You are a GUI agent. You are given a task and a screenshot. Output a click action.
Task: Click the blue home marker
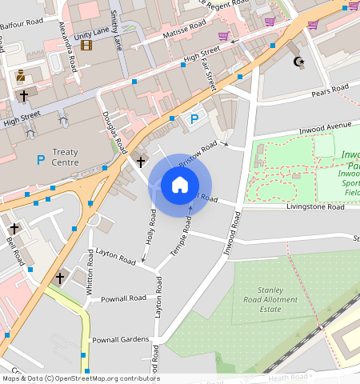pyautogui.click(x=180, y=185)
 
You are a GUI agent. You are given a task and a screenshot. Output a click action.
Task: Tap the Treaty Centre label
pyautogui.click(x=66, y=157)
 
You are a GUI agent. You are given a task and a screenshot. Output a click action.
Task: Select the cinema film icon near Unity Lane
pyautogui.click(x=86, y=45)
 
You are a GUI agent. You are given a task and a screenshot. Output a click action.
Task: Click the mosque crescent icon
pyautogui.click(x=301, y=61)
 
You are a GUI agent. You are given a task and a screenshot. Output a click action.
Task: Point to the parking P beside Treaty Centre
pyautogui.click(x=41, y=160)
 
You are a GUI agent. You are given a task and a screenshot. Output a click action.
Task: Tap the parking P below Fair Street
pyautogui.click(x=193, y=119)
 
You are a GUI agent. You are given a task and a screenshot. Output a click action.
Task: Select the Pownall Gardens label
pyautogui.click(x=120, y=340)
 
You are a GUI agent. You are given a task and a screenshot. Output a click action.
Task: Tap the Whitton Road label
pyautogui.click(x=90, y=281)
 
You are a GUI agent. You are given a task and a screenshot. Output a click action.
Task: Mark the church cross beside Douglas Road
pyautogui.click(x=141, y=162)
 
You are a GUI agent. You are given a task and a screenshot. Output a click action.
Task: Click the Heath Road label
pyautogui.click(x=289, y=377)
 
